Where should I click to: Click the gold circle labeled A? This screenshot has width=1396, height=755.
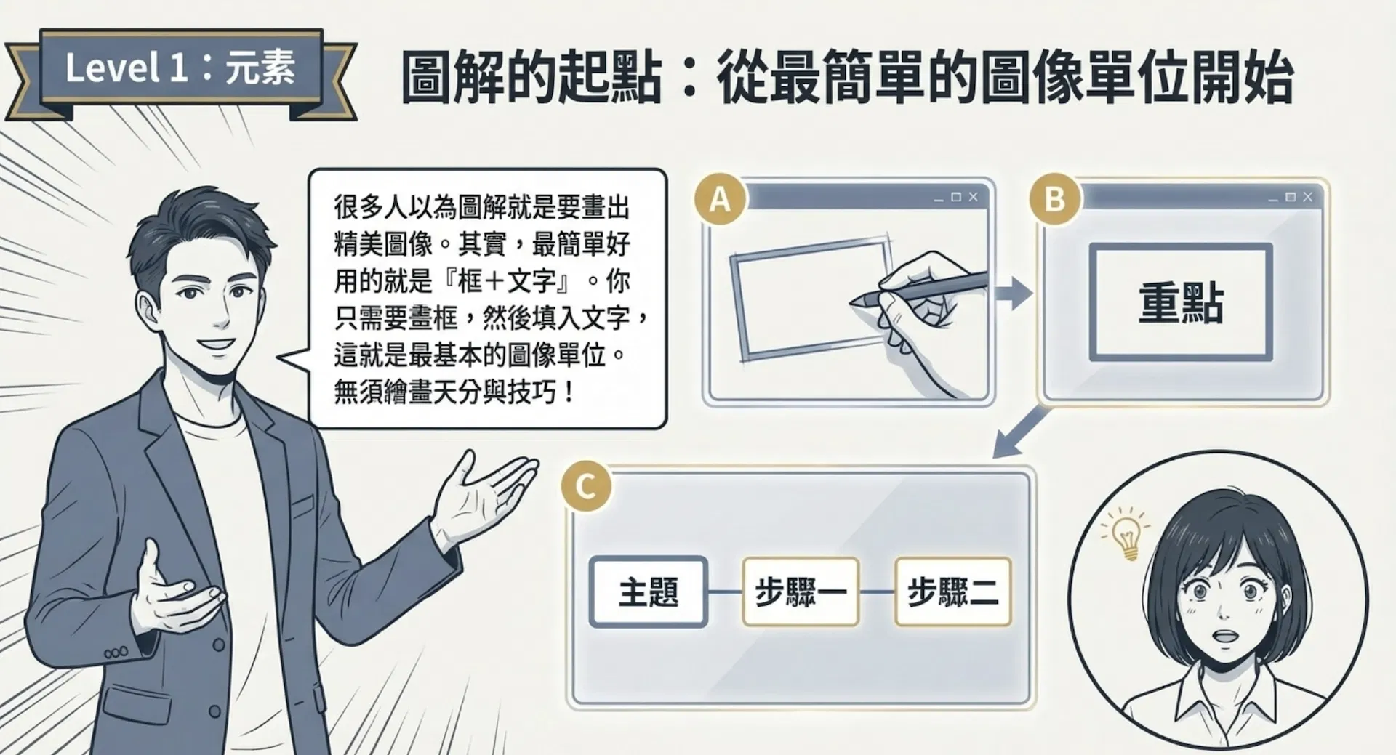coord(720,198)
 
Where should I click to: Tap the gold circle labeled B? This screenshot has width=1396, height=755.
coord(1054,198)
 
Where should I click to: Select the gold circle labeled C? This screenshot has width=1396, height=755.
coord(586,486)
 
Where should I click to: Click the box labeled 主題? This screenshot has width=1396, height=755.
coord(649,592)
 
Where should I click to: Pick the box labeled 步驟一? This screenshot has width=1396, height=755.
coord(801,592)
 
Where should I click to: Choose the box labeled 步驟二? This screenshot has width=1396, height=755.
coord(953,592)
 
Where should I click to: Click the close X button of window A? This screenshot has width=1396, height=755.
coord(973,197)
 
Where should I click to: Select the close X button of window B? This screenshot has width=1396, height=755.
coord(1307,197)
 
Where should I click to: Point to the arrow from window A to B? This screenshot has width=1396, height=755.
coord(1014,294)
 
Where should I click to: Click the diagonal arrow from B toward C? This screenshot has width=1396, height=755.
coord(1022,432)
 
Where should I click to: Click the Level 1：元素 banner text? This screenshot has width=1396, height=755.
coord(180,68)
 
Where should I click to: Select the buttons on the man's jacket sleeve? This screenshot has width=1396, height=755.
coord(116,653)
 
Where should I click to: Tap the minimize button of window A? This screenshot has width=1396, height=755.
coord(939,198)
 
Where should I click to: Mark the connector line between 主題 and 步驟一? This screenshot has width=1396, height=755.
coord(725,592)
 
